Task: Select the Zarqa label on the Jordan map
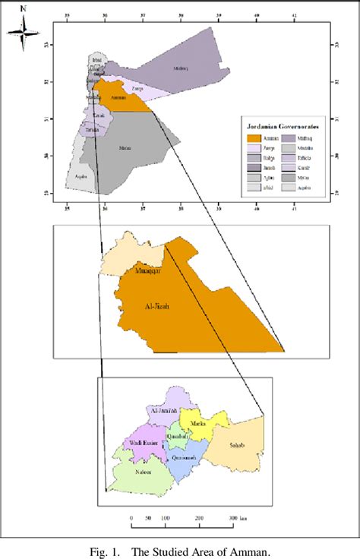point(137,89)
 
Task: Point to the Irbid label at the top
point(96,59)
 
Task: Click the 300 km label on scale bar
point(237,517)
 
